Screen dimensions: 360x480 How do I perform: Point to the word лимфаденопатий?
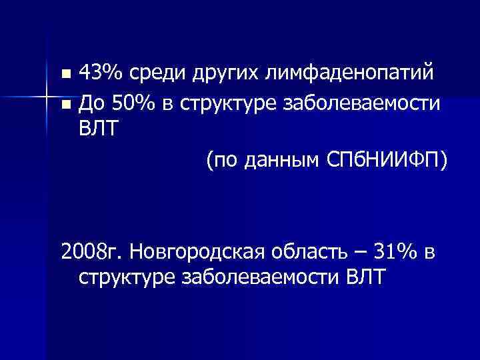355,72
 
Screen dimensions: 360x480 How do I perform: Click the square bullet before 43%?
65,73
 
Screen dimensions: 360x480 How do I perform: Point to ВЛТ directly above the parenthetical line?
97,130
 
